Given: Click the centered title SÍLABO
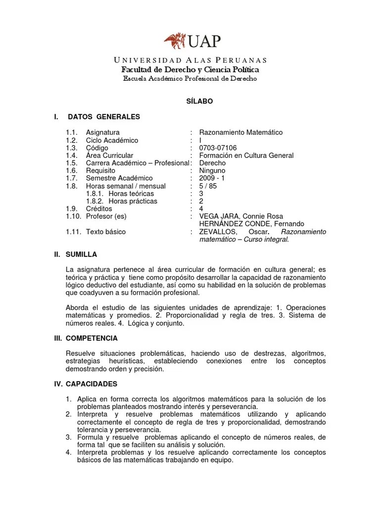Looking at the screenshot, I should click(x=190, y=101).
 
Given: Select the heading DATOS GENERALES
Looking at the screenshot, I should click(x=104, y=117).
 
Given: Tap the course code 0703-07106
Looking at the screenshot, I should click(x=218, y=148).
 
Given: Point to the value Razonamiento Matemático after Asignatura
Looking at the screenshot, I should click(x=240, y=133).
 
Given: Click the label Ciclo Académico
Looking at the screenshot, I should click(x=112, y=141).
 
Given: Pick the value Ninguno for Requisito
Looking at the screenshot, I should click(x=212, y=171).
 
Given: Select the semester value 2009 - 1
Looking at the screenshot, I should click(x=212, y=178).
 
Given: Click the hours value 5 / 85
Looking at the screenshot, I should click(x=208, y=186).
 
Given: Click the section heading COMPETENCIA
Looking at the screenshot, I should click(x=93, y=338).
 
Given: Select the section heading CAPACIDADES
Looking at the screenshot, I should click(x=93, y=384).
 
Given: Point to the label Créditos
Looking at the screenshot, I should click(x=99, y=209).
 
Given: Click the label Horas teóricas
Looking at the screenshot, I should click(x=131, y=194).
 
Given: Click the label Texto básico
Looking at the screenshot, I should click(x=106, y=232).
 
